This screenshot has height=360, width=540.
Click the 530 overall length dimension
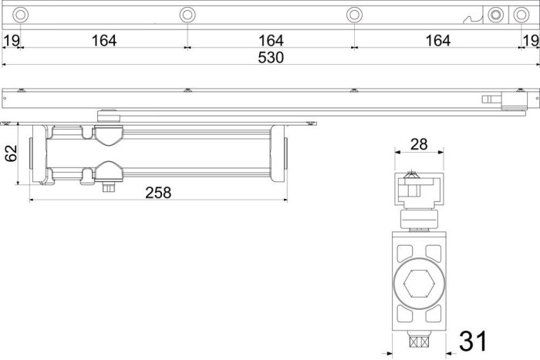[271, 58]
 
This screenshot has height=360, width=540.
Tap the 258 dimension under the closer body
[158, 193]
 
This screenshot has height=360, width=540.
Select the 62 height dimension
[11, 153]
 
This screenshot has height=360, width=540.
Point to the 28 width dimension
[419, 144]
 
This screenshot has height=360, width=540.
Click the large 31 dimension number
[473, 341]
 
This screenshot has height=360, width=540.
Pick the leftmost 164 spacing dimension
[104, 41]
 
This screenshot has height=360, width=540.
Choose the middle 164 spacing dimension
[271, 41]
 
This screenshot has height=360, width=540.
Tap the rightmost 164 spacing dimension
[438, 41]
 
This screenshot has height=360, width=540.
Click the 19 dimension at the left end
[11, 41]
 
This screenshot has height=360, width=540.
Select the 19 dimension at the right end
[531, 41]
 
